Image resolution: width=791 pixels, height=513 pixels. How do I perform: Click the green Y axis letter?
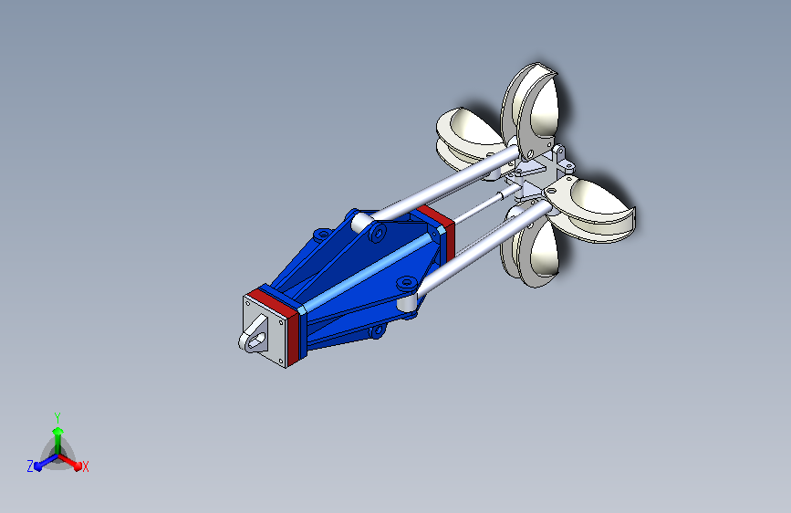tap(57, 417)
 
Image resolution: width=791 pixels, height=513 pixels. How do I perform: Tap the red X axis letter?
tap(85, 466)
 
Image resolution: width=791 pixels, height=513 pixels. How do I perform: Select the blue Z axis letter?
tap(30, 466)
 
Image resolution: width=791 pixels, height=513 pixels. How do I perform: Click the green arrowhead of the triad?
tap(58, 432)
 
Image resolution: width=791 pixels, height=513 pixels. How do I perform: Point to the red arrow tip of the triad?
tap(77, 466)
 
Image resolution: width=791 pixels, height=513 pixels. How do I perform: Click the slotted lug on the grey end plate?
tap(255, 334)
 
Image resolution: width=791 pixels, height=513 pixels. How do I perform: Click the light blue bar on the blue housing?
tap(368, 272)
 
